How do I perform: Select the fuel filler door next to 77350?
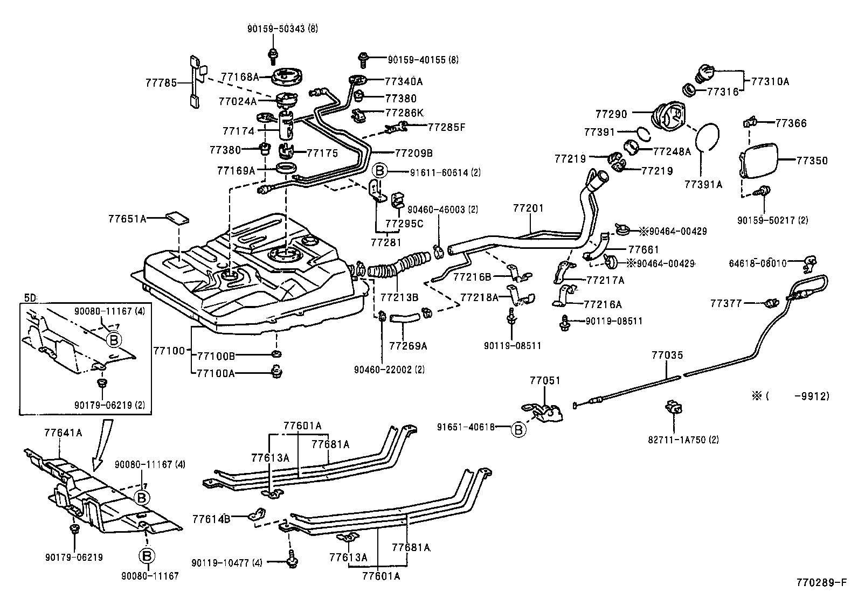758,161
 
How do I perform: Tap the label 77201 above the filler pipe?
528,208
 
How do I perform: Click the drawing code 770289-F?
821,583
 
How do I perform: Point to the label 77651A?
127,219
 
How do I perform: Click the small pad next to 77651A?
177,218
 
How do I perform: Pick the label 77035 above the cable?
667,355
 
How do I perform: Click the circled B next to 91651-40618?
518,429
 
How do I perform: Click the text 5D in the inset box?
30,297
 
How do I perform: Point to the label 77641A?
63,432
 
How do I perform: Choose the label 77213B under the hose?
400,297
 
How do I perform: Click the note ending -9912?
791,396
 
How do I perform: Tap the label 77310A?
770,81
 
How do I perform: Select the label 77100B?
216,356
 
